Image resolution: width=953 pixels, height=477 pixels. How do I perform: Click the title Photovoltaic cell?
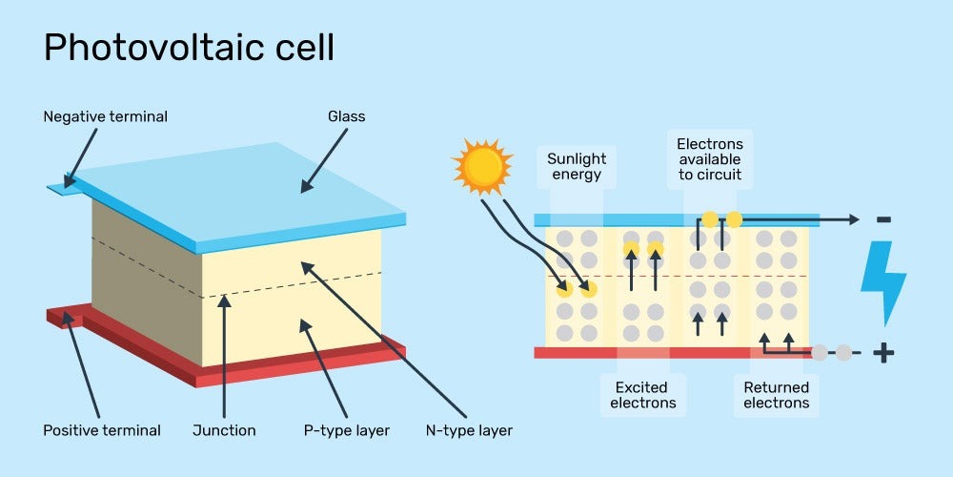189,47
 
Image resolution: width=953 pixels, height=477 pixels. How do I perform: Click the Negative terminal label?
105,116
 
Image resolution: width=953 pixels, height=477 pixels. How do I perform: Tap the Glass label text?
346,116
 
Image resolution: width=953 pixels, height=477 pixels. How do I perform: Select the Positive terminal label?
102,430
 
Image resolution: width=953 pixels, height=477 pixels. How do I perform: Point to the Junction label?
224,430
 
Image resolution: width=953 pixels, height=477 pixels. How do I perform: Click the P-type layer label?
346,430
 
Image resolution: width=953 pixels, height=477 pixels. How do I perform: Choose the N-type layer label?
469,430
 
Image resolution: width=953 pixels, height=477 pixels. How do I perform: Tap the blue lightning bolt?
882,282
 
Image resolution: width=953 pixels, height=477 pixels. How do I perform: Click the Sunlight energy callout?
576,167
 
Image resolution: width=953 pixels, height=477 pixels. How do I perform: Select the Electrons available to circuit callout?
709,159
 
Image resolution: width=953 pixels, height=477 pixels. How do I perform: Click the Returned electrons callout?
776,395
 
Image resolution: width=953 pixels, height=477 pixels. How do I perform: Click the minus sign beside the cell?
883,220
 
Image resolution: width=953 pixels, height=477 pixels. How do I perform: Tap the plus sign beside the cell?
883,353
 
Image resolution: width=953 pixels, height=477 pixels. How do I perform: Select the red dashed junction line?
677,277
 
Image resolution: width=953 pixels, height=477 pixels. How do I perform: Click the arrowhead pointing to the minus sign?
854,220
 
